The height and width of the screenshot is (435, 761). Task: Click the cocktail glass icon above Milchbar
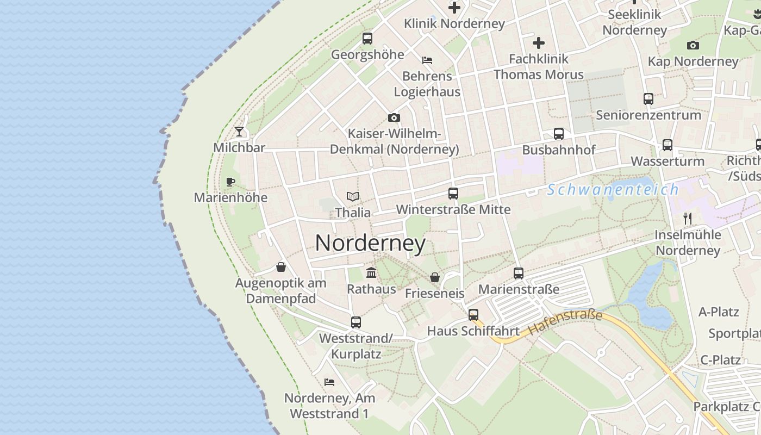click(x=239, y=131)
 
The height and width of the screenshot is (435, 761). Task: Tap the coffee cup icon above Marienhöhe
click(x=230, y=181)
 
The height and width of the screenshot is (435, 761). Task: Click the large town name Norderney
click(x=370, y=243)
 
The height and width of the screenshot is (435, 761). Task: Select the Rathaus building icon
click(x=371, y=272)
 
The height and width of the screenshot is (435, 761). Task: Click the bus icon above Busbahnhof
click(x=558, y=133)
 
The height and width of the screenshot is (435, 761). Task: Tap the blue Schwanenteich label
click(x=613, y=190)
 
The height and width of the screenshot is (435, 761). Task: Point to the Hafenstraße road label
click(x=565, y=322)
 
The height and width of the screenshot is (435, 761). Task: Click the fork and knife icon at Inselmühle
click(x=688, y=219)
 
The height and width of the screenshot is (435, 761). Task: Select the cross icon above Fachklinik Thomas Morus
click(x=538, y=42)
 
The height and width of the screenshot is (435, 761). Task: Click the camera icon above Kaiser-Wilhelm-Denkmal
click(x=394, y=117)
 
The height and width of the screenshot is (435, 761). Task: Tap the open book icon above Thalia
click(x=353, y=196)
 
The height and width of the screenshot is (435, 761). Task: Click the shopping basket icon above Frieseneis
click(x=435, y=277)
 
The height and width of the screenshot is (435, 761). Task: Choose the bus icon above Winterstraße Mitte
click(x=453, y=193)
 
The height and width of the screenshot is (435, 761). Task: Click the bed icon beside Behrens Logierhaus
click(x=427, y=60)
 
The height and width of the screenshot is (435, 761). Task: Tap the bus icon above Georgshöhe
click(x=367, y=38)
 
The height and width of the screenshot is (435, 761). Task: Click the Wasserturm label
click(x=667, y=161)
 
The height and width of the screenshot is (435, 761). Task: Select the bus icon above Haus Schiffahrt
click(x=473, y=314)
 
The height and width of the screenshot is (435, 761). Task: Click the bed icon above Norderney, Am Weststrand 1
click(x=329, y=382)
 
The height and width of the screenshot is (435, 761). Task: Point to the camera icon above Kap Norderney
click(x=693, y=45)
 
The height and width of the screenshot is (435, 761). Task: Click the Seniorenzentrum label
click(x=648, y=115)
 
